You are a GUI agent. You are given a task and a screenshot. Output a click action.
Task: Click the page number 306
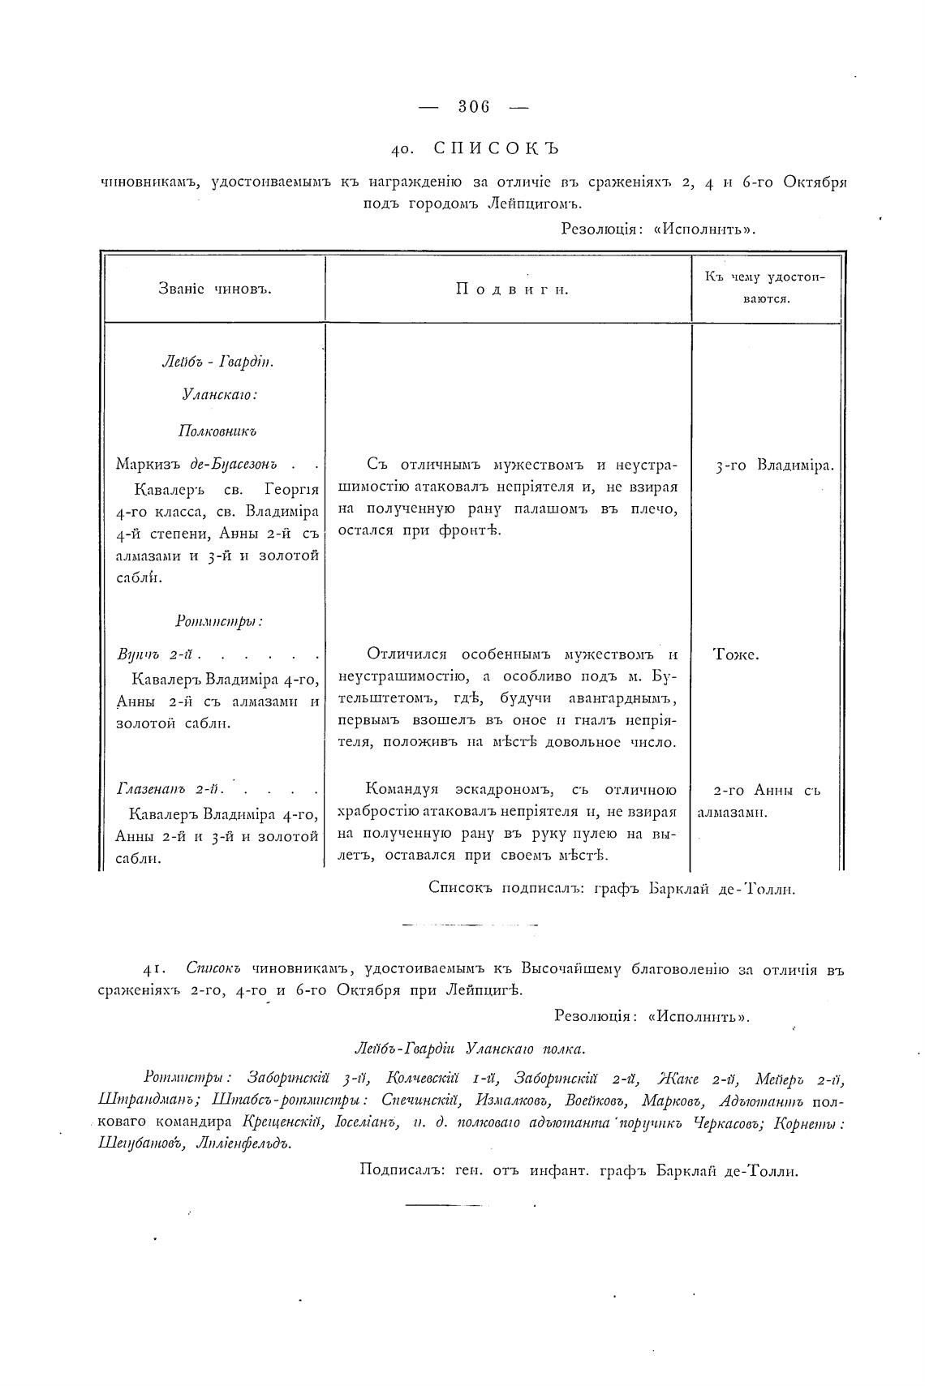[x=475, y=105]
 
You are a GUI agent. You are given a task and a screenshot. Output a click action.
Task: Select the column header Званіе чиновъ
[x=215, y=289]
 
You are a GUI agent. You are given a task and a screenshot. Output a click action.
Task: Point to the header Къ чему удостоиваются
[x=765, y=287]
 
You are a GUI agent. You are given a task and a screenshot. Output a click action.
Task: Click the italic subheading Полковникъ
[x=217, y=431]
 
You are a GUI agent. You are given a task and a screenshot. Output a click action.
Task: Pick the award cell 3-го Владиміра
[x=775, y=466]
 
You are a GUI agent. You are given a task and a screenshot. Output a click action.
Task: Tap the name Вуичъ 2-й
[x=159, y=654]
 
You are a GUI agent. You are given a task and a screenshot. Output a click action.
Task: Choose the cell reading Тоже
[x=736, y=654]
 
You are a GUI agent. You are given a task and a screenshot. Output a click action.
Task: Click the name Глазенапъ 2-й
[x=170, y=788]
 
